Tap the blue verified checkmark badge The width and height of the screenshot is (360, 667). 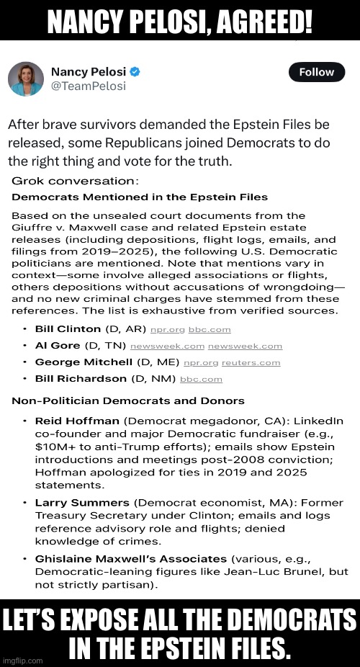[x=135, y=72]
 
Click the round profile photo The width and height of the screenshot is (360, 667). [x=26, y=79]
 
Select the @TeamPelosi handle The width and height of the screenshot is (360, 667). [x=88, y=86]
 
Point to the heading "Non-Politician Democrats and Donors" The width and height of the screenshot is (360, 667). [x=128, y=401]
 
